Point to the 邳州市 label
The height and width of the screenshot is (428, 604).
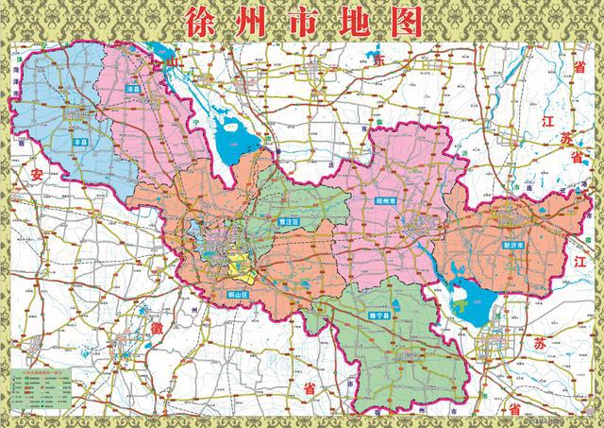pyautogui.click(x=385, y=200)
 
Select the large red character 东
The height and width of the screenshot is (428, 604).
pyautogui.click(x=380, y=59)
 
